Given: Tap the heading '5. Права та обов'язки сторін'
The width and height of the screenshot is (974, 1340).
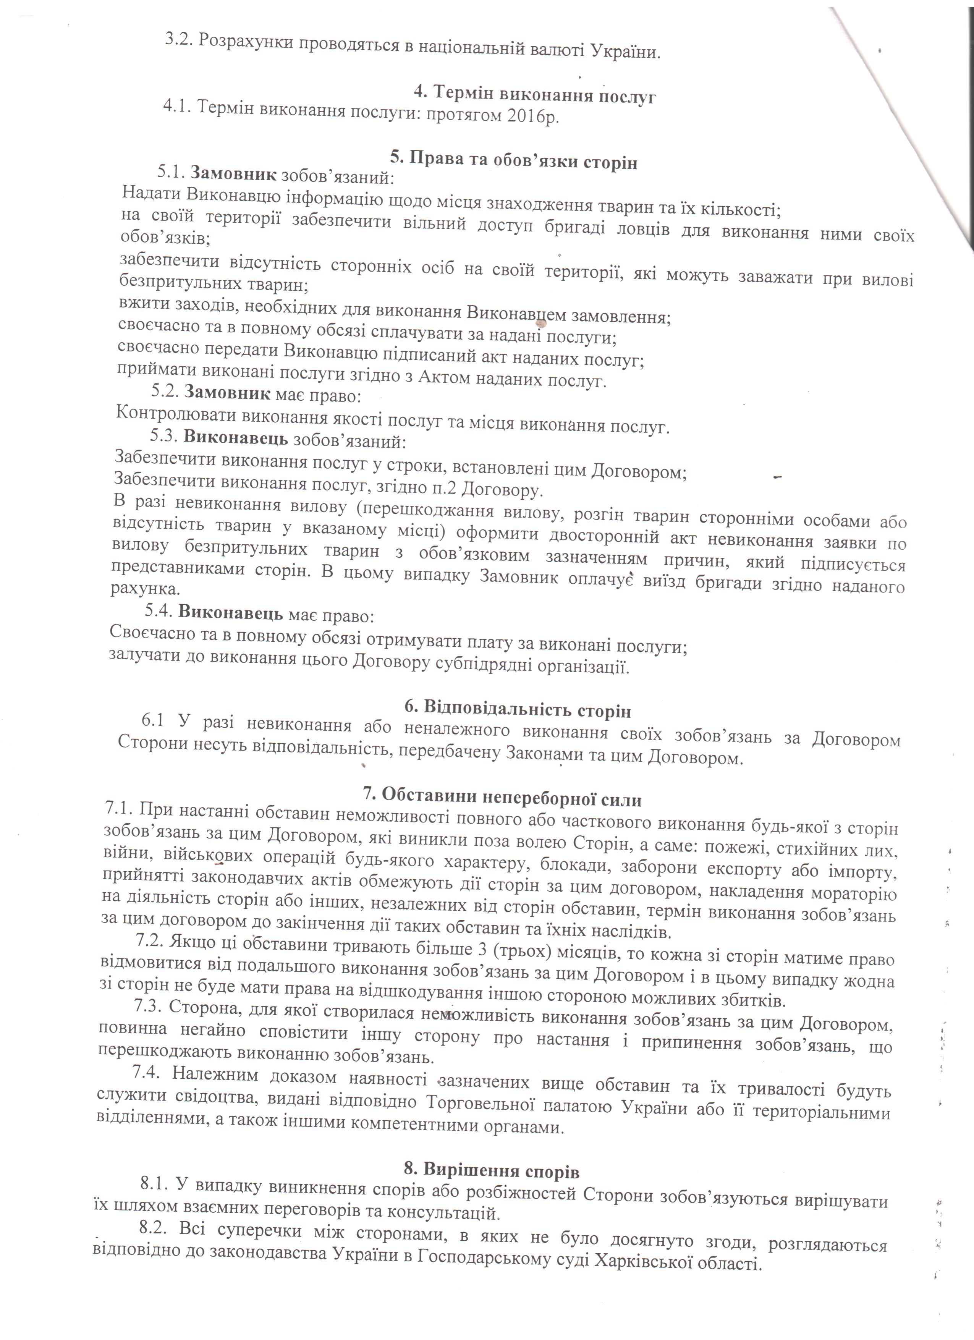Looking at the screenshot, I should point(513,161).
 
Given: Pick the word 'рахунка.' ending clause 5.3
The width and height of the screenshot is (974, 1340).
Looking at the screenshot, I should point(145,589).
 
